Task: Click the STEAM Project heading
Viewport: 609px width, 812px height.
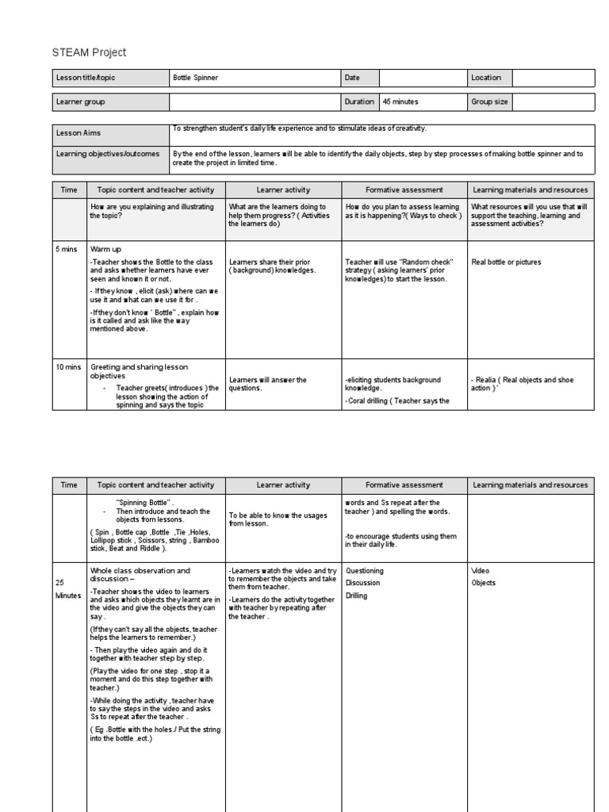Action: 89,52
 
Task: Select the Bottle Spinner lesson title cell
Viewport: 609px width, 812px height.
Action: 195,78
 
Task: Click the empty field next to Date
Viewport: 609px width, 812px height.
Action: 423,78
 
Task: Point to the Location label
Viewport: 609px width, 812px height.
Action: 486,78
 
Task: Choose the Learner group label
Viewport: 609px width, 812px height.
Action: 80,102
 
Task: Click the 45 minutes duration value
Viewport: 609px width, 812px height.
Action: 400,102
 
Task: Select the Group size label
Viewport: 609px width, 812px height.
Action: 489,102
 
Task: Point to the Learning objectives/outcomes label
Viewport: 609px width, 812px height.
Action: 107,154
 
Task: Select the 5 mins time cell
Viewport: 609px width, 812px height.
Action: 66,249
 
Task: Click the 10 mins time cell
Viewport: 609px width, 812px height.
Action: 67,367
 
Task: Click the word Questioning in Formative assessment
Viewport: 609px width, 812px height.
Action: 364,570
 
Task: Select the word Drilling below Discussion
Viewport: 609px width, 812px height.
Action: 356,596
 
